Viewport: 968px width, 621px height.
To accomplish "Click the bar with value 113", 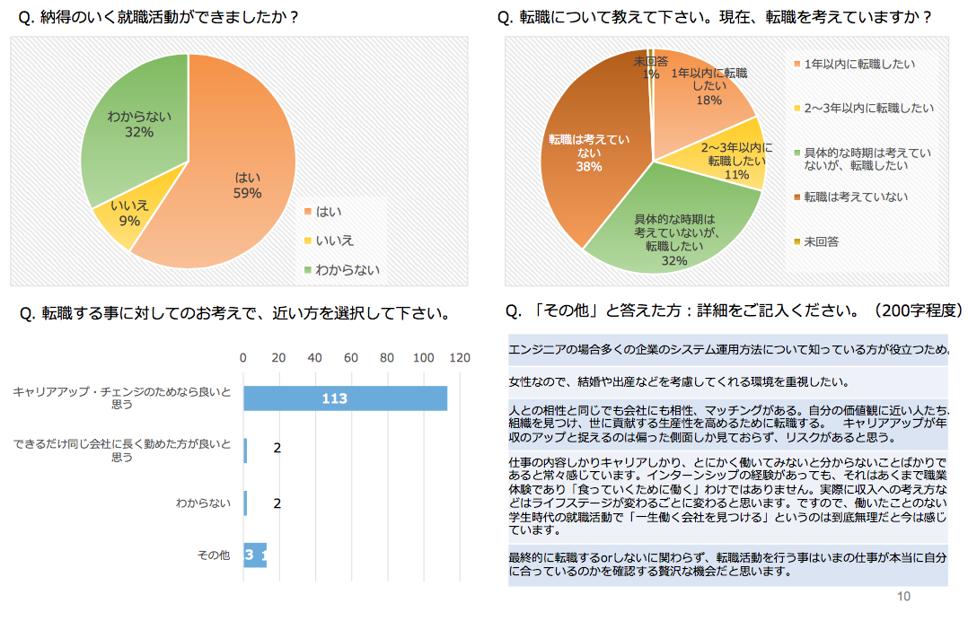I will [x=345, y=398].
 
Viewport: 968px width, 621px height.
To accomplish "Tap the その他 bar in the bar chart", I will [x=255, y=555].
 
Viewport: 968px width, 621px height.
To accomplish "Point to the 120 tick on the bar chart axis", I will [x=460, y=358].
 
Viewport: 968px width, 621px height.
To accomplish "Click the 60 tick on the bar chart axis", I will [x=351, y=358].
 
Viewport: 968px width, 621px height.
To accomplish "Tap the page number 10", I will [x=903, y=597].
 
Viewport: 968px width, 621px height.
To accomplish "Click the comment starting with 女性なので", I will [x=678, y=380].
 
